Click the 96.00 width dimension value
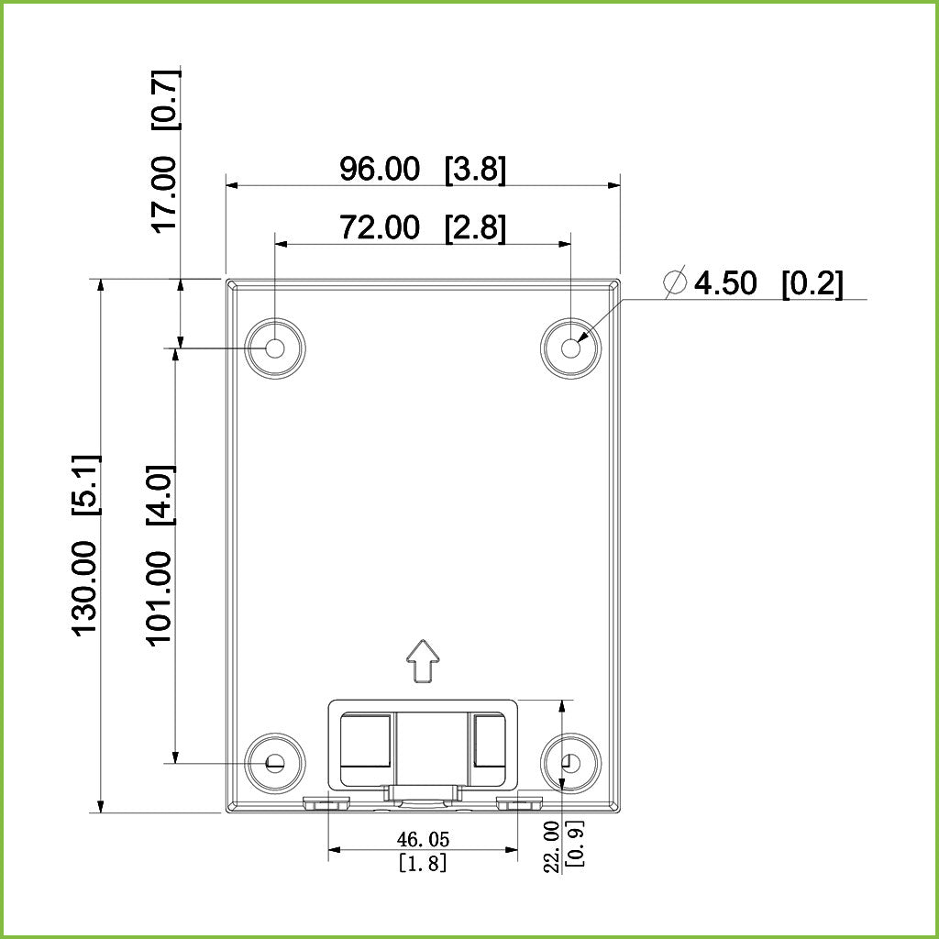[380, 170]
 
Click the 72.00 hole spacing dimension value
[380, 227]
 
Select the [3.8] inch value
[475, 170]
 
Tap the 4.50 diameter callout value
[725, 283]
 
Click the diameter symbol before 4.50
[676, 283]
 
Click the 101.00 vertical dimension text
[160, 598]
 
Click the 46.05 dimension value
[423, 839]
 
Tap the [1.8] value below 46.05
[423, 863]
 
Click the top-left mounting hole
[275, 348]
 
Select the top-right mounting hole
[571, 348]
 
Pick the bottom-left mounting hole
[275, 762]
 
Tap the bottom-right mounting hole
[571, 762]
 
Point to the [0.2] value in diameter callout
[812, 283]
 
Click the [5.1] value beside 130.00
[84, 483]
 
